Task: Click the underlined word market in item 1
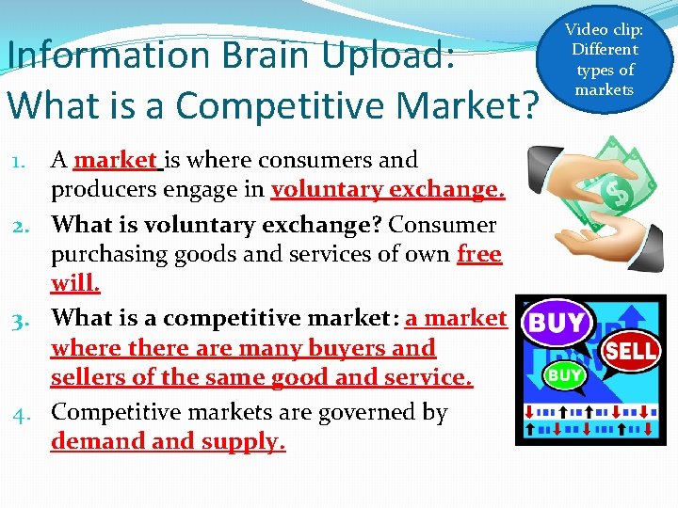click(117, 160)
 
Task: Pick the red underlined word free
click(479, 254)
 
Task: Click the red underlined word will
click(75, 283)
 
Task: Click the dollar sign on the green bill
click(619, 195)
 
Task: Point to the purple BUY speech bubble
click(557, 324)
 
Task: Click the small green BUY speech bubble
click(565, 376)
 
